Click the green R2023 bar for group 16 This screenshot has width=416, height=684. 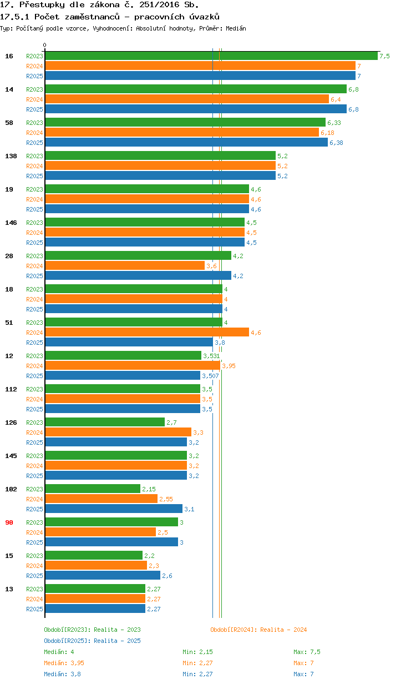click(x=211, y=56)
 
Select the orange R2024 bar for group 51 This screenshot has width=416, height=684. click(x=147, y=333)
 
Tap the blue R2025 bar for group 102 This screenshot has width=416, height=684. click(x=114, y=509)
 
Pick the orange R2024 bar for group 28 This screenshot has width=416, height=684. click(x=125, y=266)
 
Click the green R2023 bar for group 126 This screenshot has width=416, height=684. click(x=105, y=423)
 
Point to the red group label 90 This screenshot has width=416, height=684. click(x=9, y=522)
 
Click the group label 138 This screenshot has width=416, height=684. click(x=11, y=156)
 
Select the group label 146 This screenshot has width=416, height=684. click(x=11, y=223)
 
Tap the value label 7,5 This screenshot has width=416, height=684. click(x=384, y=56)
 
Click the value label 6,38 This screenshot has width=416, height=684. click(x=336, y=143)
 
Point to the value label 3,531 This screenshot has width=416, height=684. click(x=211, y=356)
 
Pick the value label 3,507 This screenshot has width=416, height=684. click(x=210, y=376)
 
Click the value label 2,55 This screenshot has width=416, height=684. click(x=166, y=499)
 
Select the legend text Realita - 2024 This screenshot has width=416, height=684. click(x=283, y=630)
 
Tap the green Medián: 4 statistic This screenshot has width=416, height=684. click(x=59, y=652)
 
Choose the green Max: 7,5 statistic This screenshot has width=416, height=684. click(x=307, y=652)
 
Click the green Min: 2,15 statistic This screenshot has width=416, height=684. click(x=197, y=652)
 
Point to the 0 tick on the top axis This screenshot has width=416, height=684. click(x=45, y=45)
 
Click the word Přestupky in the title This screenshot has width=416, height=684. click(x=39, y=5)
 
